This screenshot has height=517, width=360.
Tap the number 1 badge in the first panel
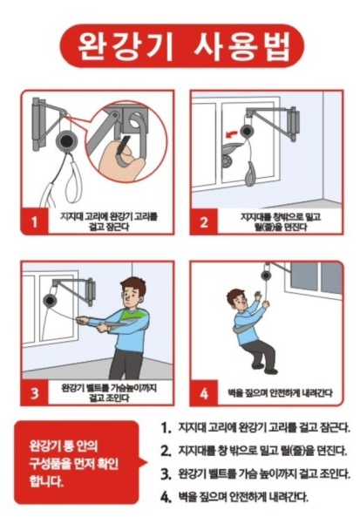point(35,221)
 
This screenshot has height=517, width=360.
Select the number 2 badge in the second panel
point(204,221)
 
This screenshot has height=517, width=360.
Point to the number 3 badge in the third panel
point(35,392)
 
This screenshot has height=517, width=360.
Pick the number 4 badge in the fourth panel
point(204,392)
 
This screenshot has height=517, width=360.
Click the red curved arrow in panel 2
point(231,133)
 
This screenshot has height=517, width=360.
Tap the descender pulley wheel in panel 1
point(67,140)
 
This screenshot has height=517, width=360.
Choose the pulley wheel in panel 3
point(50,301)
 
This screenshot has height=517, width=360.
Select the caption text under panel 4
point(280,392)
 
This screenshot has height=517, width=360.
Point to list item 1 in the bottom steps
point(255,428)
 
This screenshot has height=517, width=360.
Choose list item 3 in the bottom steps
point(255,474)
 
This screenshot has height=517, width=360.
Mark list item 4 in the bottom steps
point(234,497)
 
